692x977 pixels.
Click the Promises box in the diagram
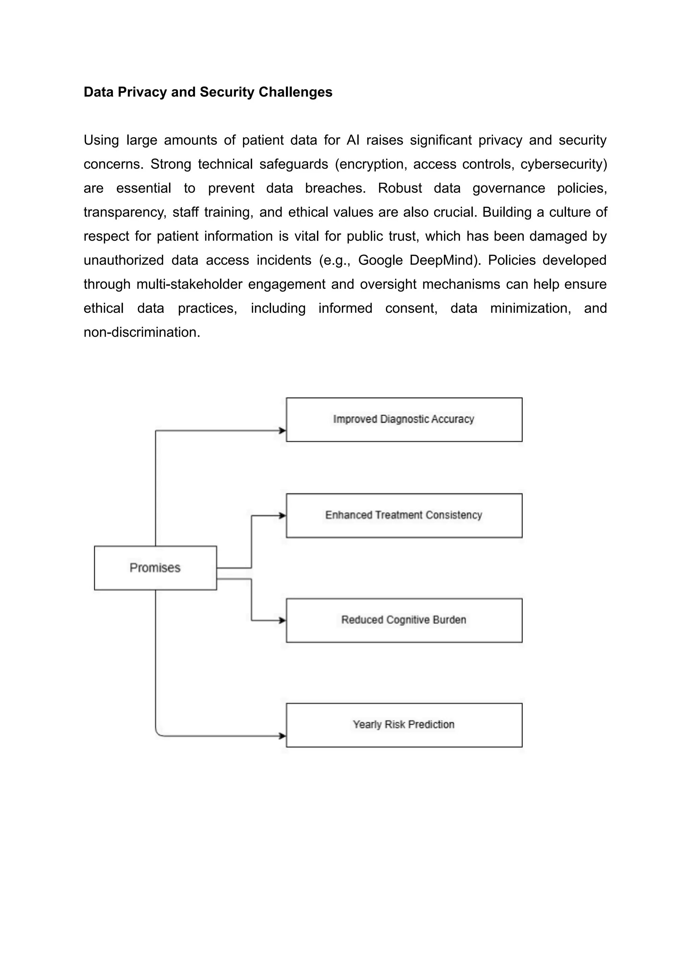click(155, 568)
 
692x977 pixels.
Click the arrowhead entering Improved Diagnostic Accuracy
click(282, 431)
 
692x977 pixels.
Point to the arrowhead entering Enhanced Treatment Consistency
click(282, 516)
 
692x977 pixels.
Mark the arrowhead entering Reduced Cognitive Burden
click(282, 620)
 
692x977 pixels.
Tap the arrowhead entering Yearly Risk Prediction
click(282, 736)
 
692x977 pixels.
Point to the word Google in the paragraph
click(380, 260)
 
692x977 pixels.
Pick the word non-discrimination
click(142, 332)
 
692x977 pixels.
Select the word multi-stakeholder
click(189, 284)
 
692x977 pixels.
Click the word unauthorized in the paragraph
click(124, 260)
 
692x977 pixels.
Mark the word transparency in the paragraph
click(124, 212)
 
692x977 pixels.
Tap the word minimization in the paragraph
click(530, 308)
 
